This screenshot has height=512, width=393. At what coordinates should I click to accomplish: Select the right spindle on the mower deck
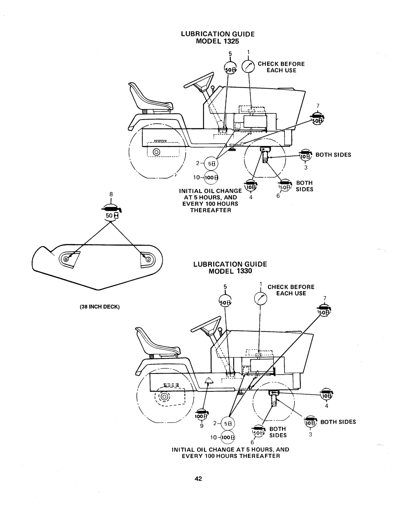coord(148,259)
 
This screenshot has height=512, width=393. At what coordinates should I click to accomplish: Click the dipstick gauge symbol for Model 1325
coord(250,66)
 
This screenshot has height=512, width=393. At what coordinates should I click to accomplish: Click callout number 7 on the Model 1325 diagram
coord(317,105)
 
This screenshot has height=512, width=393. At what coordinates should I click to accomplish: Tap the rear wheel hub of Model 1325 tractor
coord(157,152)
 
